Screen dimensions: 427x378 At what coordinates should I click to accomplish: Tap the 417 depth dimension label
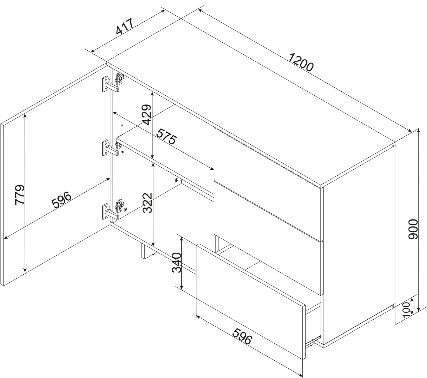coord(125,26)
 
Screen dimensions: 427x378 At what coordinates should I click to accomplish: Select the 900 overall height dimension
coord(413,229)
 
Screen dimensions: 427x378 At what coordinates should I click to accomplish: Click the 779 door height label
coord(20,195)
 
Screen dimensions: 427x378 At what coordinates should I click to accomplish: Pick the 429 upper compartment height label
coord(147,114)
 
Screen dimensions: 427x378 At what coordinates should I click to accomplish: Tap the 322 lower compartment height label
coord(147,203)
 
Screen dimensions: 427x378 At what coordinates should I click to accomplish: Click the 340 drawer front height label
coord(176,263)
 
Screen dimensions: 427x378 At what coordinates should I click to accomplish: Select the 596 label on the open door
coord(61,199)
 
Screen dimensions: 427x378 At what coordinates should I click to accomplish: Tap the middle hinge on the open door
coord(110,148)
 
